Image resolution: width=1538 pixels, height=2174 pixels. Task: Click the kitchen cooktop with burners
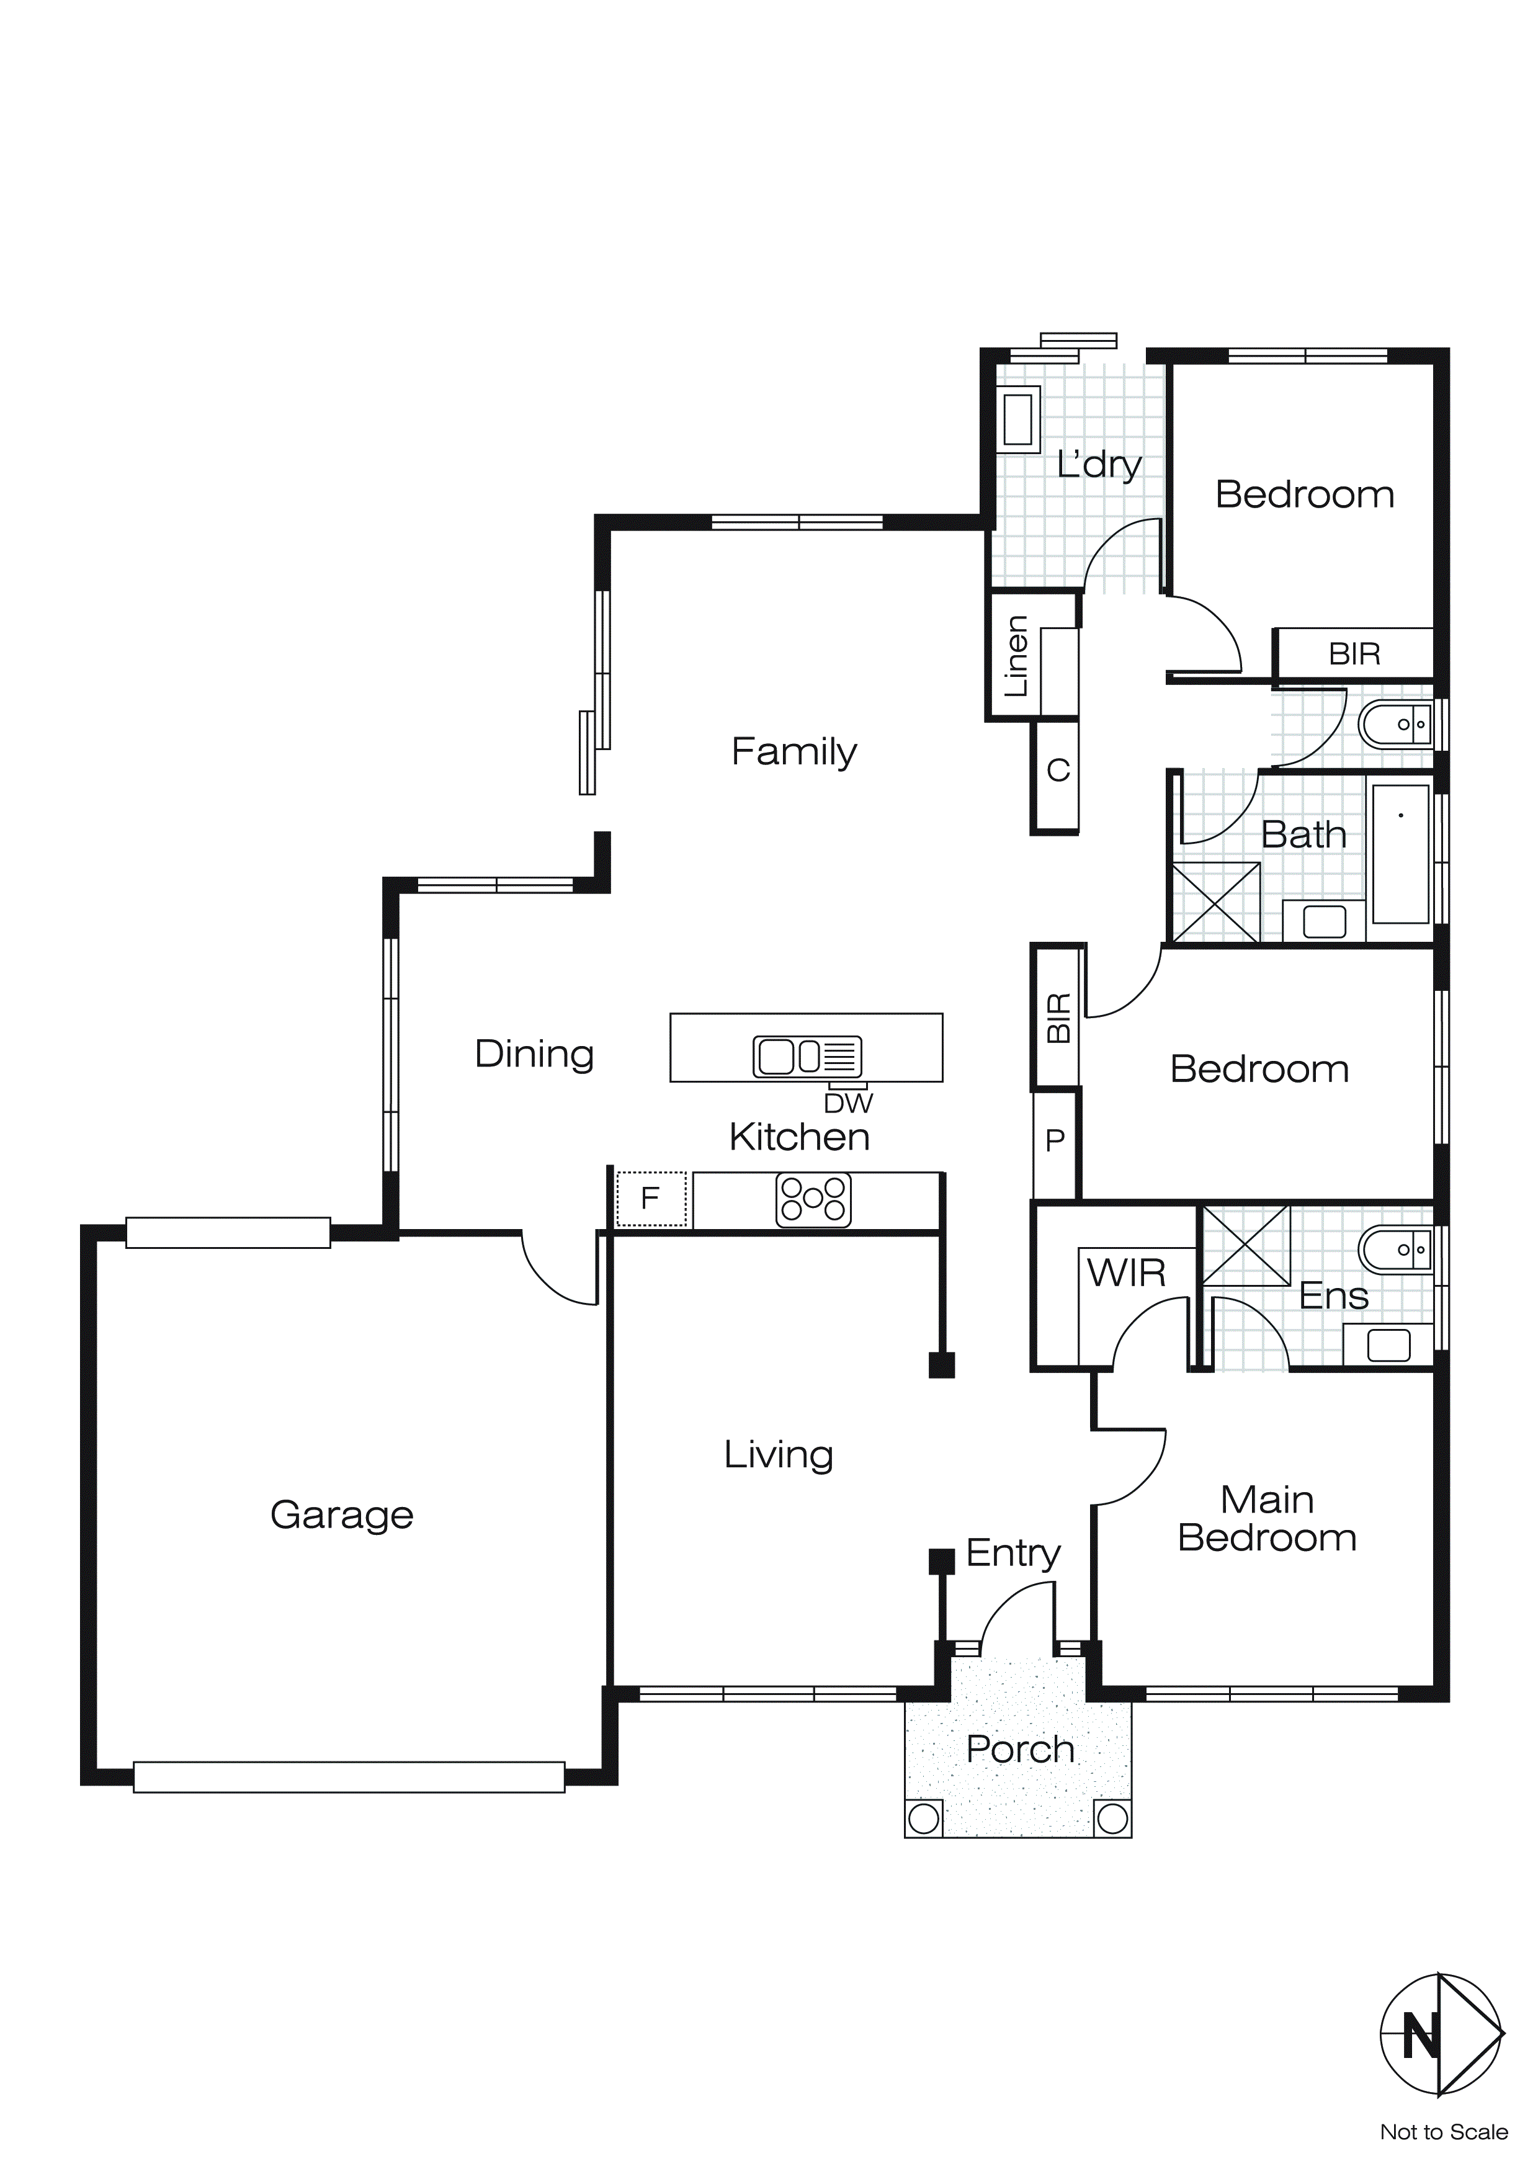813,1200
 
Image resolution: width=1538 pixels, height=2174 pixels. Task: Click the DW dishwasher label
847,1103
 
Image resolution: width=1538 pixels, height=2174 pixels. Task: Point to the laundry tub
1018,419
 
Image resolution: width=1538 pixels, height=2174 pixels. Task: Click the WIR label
1126,1274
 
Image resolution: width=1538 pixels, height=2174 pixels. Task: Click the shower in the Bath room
1216,901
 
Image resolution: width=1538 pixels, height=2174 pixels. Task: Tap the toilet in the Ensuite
1395,1250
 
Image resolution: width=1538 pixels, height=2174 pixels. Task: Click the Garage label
342,1515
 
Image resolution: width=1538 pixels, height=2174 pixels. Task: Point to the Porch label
1020,1750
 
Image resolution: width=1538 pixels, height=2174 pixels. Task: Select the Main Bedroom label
1267,1519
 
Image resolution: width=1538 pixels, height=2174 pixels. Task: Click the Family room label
794,753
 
